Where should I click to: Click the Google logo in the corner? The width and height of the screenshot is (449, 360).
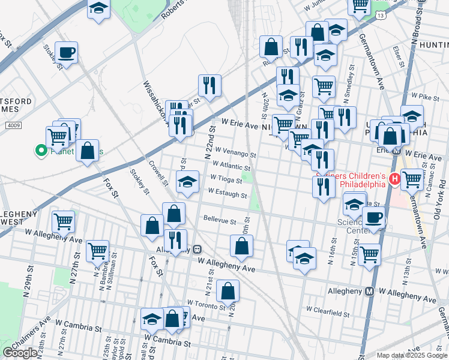tap(20, 353)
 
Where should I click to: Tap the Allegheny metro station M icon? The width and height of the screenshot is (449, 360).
tap(370, 291)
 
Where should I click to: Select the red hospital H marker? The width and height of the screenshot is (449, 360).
tap(395, 178)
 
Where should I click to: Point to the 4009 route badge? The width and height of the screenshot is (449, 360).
tap(13, 125)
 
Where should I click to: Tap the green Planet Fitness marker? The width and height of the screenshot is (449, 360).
tap(41, 151)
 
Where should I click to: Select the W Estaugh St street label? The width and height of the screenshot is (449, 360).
tap(228, 194)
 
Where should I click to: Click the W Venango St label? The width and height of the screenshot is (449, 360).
tap(235, 154)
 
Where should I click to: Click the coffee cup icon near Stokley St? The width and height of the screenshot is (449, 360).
tap(66, 52)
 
